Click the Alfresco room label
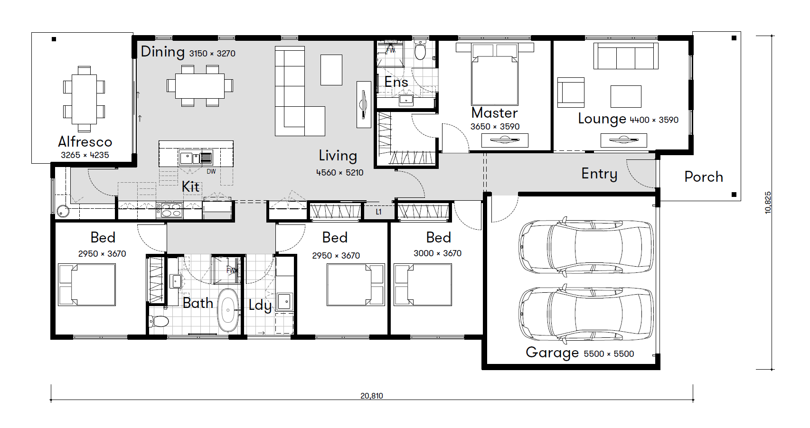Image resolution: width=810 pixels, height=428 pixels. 85,142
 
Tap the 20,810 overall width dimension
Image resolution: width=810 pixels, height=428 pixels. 372,396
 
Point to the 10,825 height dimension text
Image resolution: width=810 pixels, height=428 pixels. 768,203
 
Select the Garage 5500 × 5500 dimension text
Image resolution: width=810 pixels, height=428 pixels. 609,354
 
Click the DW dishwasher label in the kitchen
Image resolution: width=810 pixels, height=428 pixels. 211,171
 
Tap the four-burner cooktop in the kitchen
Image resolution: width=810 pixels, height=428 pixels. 170,210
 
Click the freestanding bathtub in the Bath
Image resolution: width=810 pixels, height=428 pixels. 228,310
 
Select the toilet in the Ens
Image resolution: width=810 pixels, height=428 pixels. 420,50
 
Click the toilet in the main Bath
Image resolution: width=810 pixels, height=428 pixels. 159,321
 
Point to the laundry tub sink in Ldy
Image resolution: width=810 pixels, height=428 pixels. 285,301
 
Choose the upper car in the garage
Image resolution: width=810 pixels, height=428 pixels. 586,247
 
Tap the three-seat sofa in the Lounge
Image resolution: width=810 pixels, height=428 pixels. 626,56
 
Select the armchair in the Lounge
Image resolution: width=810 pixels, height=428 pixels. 571,93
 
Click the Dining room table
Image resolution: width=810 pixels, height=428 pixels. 199,86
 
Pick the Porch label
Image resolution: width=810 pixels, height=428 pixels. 704,177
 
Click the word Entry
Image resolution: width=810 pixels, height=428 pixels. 599,174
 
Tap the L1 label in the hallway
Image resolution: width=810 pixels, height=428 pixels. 378,212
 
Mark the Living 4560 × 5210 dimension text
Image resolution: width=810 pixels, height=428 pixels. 340,173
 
